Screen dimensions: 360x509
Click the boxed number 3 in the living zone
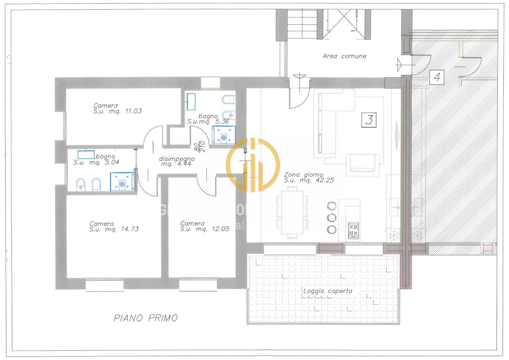tap(369, 120)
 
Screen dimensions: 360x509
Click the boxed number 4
tap(437, 77)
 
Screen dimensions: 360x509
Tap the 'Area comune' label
tap(344, 56)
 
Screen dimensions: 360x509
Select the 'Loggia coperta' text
tap(328, 291)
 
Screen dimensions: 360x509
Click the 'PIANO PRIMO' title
tap(146, 318)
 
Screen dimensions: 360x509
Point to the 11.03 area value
tap(133, 111)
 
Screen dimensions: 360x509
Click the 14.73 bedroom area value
tap(130, 229)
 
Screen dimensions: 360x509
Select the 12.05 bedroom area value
tap(220, 229)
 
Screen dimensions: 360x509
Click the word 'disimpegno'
tap(177, 159)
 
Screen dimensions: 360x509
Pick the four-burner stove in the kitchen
tap(353, 230)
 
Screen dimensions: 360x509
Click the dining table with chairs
tap(292, 212)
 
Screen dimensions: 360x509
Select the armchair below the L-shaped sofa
tap(362, 165)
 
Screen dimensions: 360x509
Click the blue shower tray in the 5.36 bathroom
tap(223, 135)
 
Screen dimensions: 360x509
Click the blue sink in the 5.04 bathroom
tap(86, 154)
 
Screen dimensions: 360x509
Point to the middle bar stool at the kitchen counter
tap(332, 217)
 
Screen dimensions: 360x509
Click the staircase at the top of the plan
tap(302, 24)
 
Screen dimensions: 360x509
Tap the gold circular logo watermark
tap(253, 165)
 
